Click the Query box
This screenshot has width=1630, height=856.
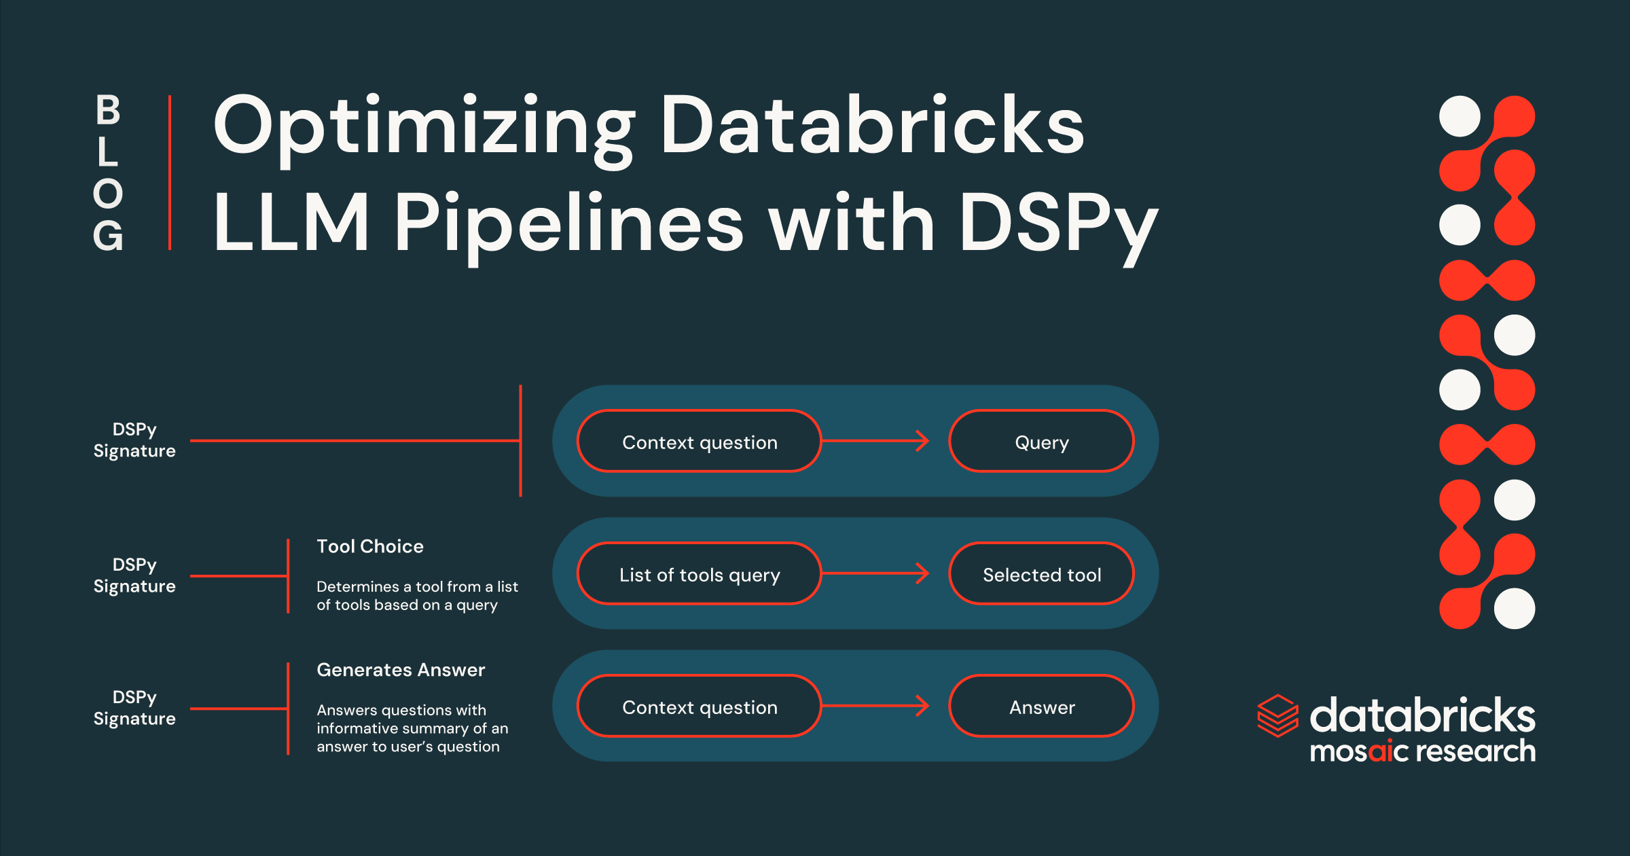[1041, 442]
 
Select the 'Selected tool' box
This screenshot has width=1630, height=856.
[1041, 574]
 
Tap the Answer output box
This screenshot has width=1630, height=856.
[1041, 707]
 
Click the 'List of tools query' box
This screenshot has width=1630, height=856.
[699, 574]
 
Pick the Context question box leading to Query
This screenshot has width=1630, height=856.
[699, 442]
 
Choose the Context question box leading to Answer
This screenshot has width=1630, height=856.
[699, 707]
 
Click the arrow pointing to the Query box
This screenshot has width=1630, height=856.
[876, 441]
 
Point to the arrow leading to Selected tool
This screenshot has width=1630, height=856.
[876, 573]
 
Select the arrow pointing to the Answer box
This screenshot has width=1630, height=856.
[876, 706]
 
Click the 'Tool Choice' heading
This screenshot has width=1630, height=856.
[369, 546]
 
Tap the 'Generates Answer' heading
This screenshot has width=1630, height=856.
[401, 670]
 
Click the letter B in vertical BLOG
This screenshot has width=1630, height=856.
[108, 110]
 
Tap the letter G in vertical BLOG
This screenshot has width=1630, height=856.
[108, 236]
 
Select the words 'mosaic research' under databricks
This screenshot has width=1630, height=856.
[1422, 751]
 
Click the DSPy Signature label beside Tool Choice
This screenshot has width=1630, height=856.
[134, 575]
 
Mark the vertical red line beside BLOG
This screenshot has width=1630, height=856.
[170, 173]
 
